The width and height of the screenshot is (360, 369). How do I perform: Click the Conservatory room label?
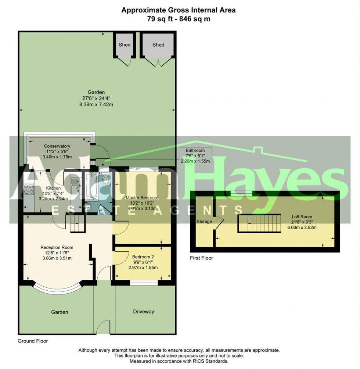click(x=57, y=146)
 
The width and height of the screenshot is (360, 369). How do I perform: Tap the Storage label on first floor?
click(x=204, y=222)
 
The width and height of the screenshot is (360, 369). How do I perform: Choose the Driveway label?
click(x=143, y=312)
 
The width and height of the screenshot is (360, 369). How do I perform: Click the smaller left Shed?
click(x=125, y=45)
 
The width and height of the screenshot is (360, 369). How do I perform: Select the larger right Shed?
click(x=158, y=45)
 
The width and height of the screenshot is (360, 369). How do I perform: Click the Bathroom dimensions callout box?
click(x=195, y=156)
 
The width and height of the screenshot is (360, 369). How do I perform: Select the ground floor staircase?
click(x=75, y=223)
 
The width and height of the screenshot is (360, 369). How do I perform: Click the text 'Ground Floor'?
click(x=33, y=341)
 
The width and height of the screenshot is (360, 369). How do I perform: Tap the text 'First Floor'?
click(x=201, y=258)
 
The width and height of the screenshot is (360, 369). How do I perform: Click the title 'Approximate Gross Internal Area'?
click(x=179, y=10)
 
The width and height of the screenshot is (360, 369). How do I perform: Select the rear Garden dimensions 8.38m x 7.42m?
click(x=96, y=104)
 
